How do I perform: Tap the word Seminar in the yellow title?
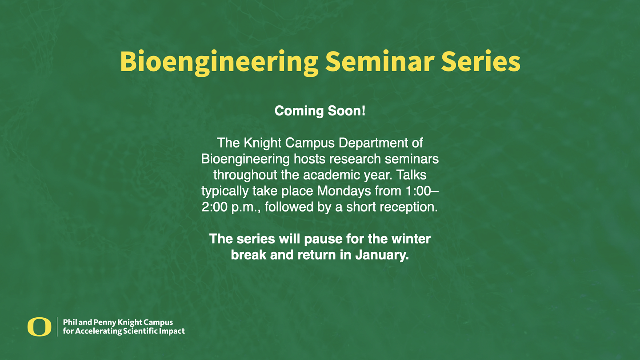pyautogui.click(x=380, y=61)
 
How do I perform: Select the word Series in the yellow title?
pyautogui.click(x=480, y=61)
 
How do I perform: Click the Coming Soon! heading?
pyautogui.click(x=320, y=111)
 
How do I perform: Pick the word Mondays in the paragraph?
pyautogui.click(x=344, y=191)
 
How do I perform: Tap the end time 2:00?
pyautogui.click(x=214, y=207)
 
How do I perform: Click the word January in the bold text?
pyautogui.click(x=382, y=255)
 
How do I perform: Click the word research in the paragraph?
pyautogui.click(x=360, y=159)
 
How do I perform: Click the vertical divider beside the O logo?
pyautogui.click(x=57, y=327)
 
